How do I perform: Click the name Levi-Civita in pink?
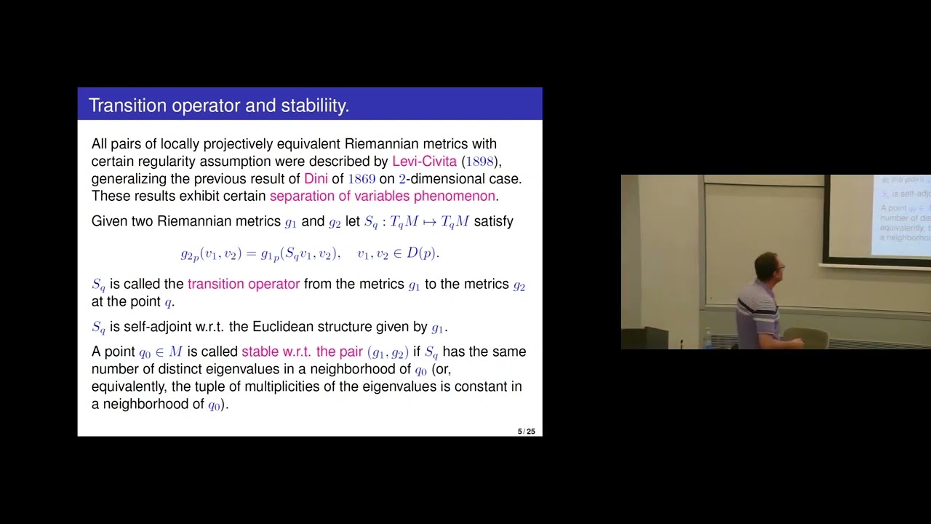tap(424, 162)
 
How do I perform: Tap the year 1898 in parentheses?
tap(480, 162)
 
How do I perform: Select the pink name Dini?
tap(316, 179)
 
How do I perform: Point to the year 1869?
tap(361, 179)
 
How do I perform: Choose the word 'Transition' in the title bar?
tap(127, 106)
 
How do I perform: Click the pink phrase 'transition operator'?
tap(243, 285)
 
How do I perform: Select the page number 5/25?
tap(526, 432)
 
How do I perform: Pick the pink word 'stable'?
tap(260, 352)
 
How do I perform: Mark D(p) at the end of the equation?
tap(421, 253)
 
